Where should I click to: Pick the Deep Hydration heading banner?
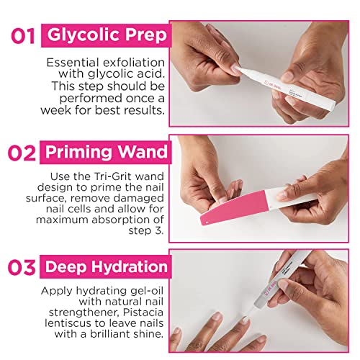(108, 268)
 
